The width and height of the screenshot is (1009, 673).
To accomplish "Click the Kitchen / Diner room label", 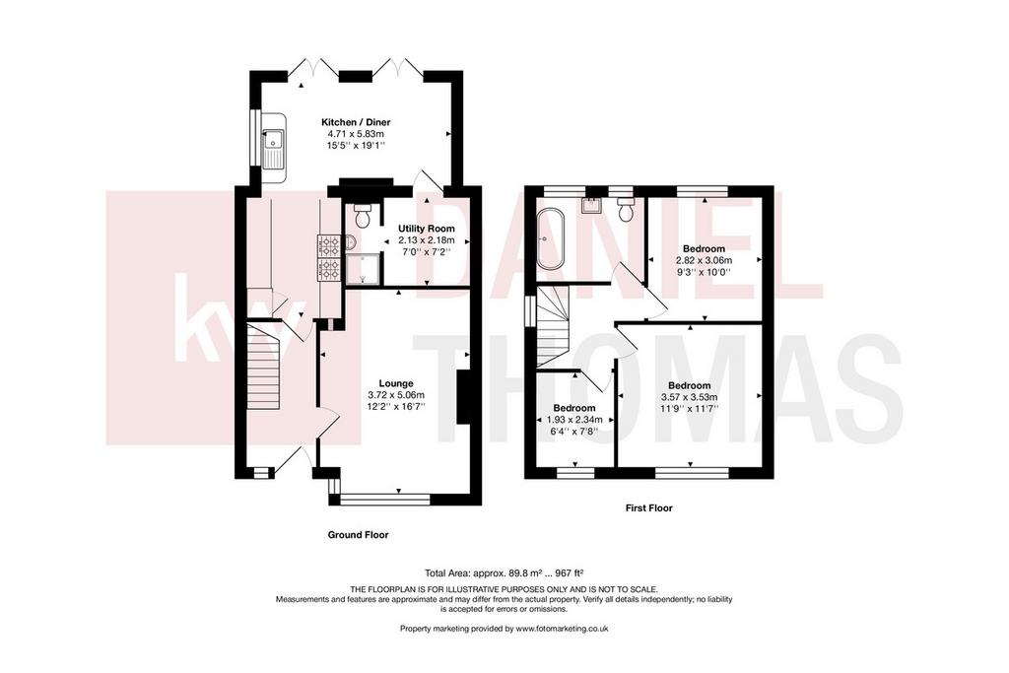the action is point(356,122).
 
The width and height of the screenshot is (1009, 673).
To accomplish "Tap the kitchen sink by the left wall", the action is point(273,148).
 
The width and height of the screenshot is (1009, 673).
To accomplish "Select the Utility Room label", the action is point(426,229).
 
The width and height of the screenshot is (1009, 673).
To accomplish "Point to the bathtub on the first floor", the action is point(551,238).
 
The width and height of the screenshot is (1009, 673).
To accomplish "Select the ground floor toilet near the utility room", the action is point(364,217).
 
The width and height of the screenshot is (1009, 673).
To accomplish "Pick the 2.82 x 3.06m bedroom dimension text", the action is point(704,260).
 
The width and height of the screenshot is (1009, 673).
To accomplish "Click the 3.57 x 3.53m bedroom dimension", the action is point(689,398).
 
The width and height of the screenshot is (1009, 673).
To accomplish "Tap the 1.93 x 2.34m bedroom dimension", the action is point(574,420).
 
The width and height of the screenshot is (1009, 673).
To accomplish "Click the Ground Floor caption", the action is point(359,535).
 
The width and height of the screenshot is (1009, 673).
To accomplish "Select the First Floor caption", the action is point(648,508).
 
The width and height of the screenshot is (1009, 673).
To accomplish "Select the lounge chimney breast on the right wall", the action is point(463,397).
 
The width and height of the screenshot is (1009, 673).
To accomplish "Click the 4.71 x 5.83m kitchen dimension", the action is point(356,134).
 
